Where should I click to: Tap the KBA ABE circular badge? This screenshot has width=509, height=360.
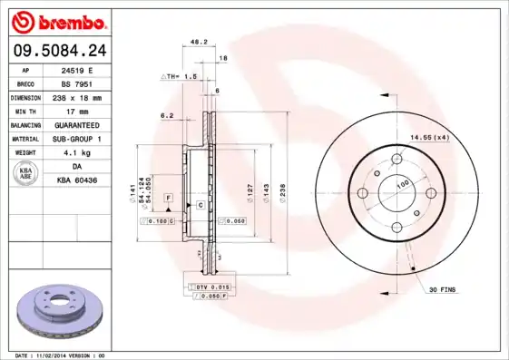[27, 174]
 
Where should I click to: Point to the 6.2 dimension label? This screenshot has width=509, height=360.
[167, 115]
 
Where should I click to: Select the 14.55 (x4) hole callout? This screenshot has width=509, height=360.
[429, 137]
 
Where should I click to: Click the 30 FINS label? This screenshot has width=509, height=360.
[442, 289]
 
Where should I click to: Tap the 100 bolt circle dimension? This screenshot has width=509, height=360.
[403, 184]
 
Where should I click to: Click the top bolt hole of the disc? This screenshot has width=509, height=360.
[396, 161]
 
